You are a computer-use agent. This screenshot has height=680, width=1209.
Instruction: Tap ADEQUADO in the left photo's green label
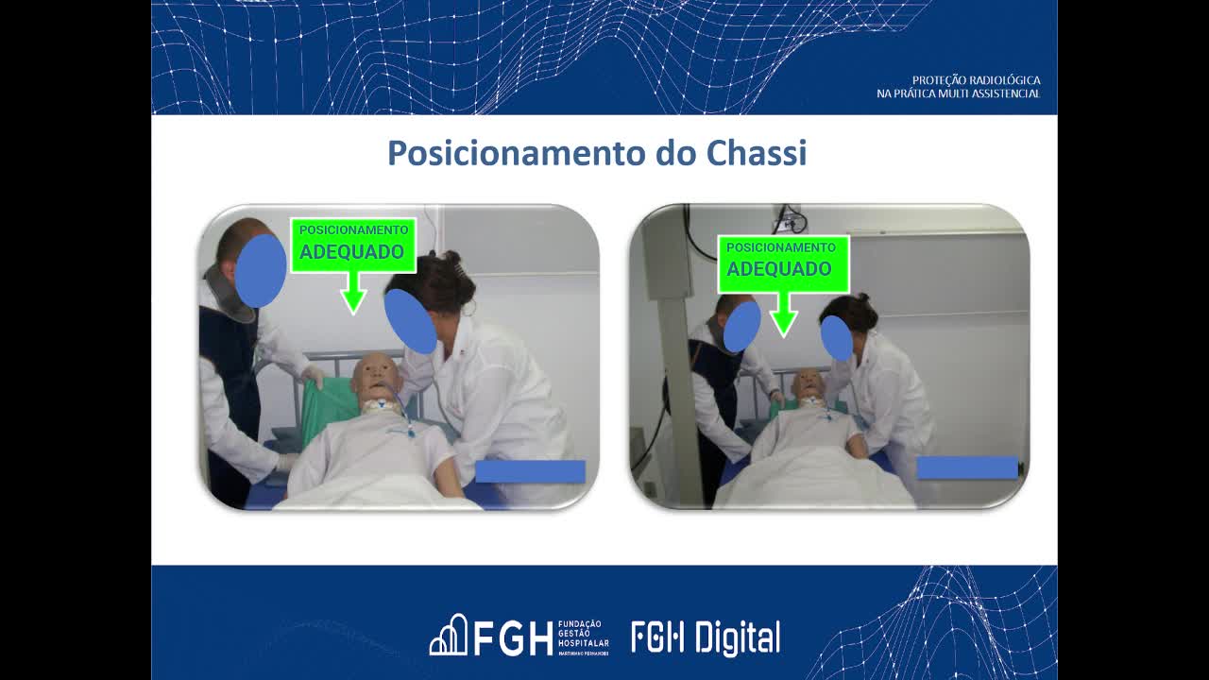(351, 252)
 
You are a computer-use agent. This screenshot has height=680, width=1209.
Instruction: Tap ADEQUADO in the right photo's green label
(778, 268)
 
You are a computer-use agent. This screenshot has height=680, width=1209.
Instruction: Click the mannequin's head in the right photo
(808, 383)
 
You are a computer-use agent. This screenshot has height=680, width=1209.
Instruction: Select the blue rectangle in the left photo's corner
(530, 471)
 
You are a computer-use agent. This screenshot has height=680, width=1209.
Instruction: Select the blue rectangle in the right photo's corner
(967, 467)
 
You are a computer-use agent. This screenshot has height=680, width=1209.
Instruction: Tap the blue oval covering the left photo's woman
(410, 321)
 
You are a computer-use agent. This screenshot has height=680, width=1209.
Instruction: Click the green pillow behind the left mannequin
(327, 409)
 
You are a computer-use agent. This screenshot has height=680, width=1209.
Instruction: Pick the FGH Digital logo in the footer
(706, 638)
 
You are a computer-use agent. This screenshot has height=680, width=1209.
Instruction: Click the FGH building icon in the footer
(449, 636)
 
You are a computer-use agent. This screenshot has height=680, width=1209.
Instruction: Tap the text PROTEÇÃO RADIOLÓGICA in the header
(976, 80)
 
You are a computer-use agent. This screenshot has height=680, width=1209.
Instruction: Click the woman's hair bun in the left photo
(451, 257)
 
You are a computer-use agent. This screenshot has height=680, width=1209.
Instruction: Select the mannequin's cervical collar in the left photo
(380, 406)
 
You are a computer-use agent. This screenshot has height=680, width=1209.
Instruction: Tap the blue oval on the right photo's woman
(837, 338)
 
